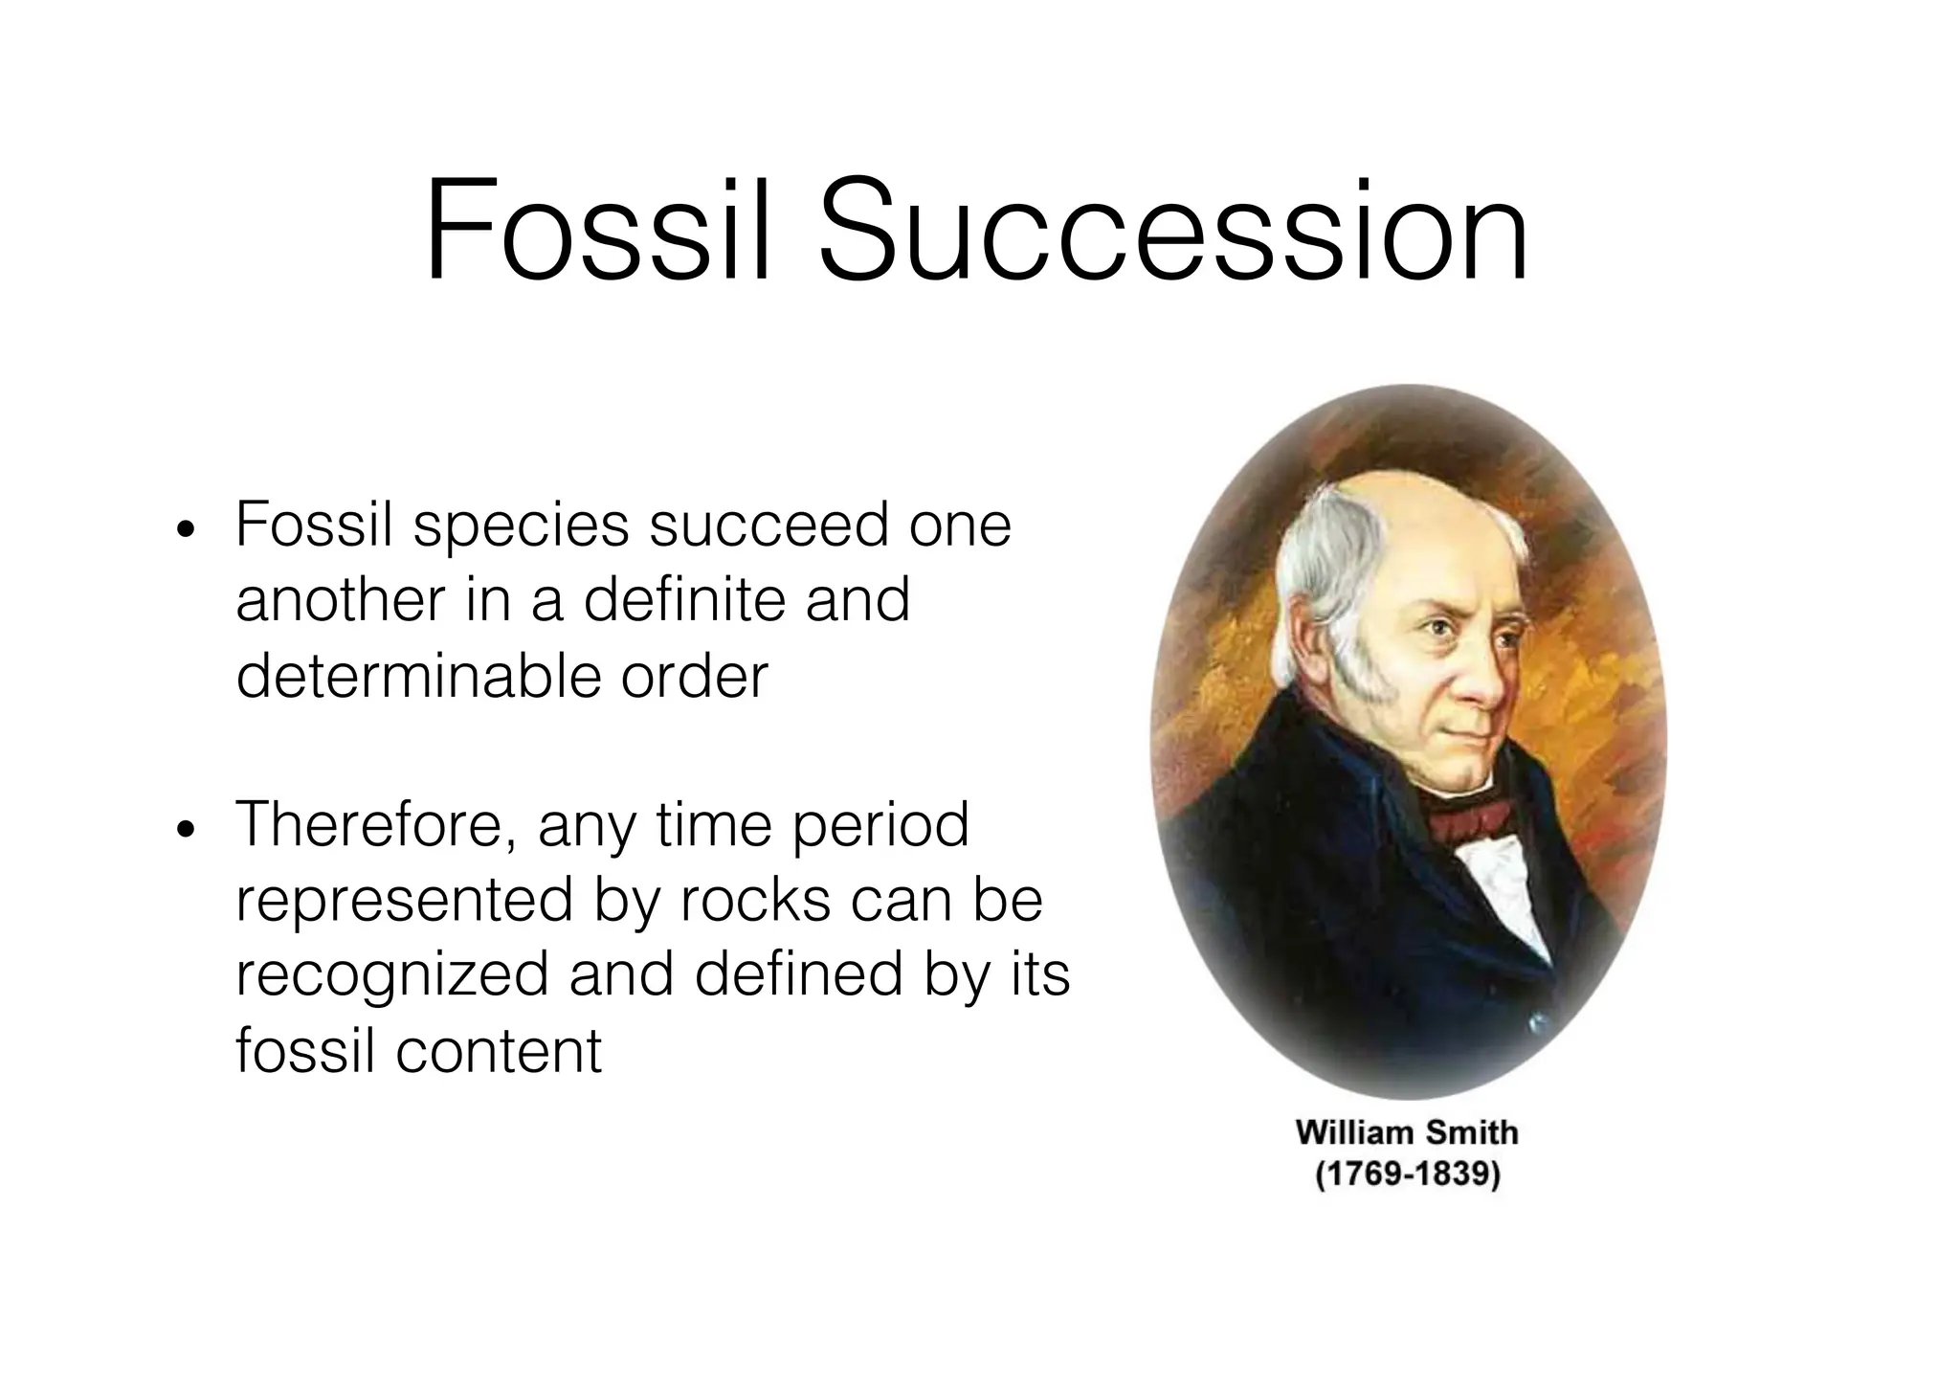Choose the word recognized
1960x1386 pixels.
pos(392,975)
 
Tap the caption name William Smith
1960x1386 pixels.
pos(1407,1133)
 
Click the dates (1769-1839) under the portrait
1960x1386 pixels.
pos(1407,1174)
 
